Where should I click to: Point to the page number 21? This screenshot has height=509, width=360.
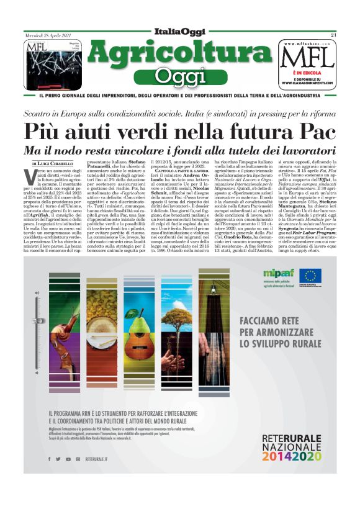[333, 35]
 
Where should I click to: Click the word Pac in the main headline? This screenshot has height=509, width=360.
[312, 132]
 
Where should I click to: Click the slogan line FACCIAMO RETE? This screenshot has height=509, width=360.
[269, 321]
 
